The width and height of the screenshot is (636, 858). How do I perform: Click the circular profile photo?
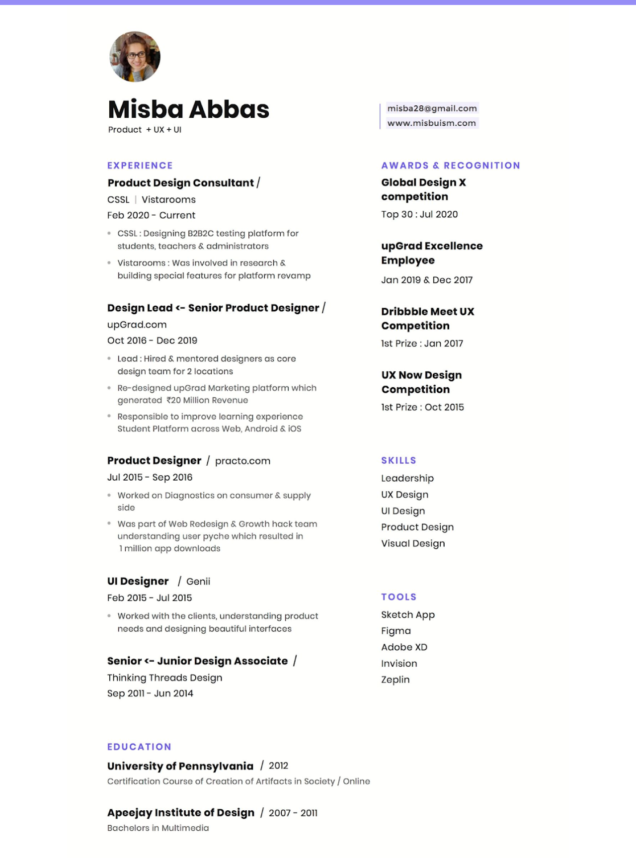pos(135,57)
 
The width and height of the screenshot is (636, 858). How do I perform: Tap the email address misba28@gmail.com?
pos(432,108)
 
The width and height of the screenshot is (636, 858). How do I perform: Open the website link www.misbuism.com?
pos(431,123)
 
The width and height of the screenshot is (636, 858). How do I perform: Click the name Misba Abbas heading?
pos(188,109)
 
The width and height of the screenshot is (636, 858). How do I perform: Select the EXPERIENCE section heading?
pos(140,166)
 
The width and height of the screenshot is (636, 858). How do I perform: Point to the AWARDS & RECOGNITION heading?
pos(451,166)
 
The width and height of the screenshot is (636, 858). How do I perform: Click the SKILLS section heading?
pos(398,460)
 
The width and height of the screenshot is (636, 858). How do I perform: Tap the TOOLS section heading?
pos(398,597)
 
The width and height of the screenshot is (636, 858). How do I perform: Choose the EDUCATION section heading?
pos(139,747)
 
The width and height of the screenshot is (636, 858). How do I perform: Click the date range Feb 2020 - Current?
pos(151,215)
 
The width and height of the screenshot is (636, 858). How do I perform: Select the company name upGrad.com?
pos(137,325)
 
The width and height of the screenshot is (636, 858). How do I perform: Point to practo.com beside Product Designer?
pos(242,461)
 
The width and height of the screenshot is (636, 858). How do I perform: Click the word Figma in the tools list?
pos(396,631)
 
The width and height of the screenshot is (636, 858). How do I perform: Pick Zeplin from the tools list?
pos(396,680)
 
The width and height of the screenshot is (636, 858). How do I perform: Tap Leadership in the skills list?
pos(407,478)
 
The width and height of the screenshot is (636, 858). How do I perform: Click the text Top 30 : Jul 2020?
pos(419,214)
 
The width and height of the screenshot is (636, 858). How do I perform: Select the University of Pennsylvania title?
pos(180,766)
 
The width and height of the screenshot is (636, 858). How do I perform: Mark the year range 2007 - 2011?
pos(293,813)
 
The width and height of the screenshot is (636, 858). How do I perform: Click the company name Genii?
pos(198,581)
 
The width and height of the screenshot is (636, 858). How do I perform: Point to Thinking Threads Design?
pos(164,678)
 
